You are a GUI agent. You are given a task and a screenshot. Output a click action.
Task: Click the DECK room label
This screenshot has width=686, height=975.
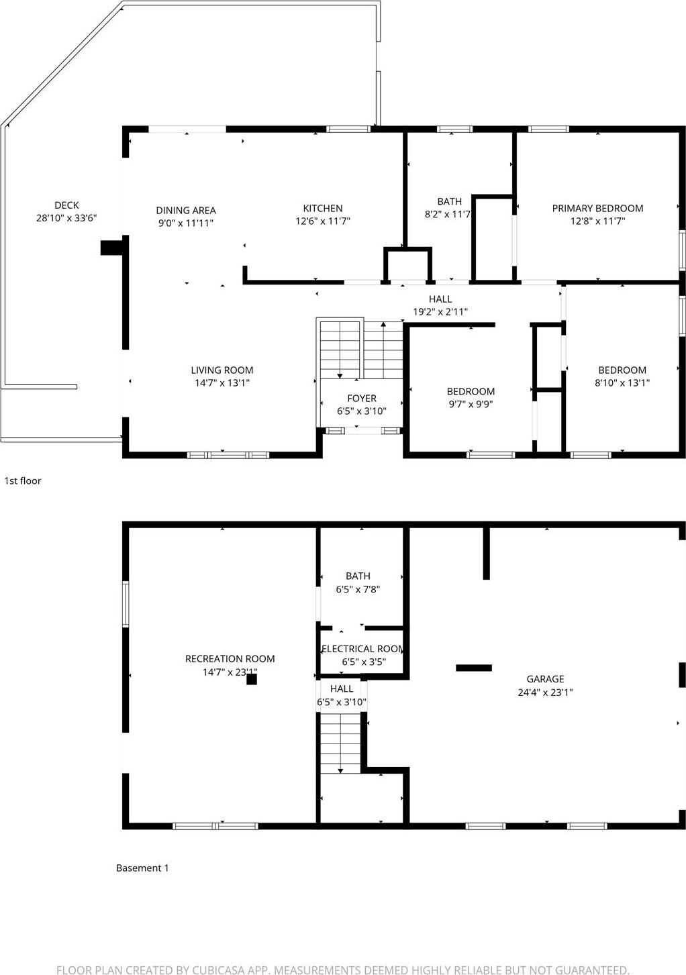click(x=66, y=205)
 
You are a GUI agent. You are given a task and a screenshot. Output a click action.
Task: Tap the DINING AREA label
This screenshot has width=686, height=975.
click(x=186, y=211)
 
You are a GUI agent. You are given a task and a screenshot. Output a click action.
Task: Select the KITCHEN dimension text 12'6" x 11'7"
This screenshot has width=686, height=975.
click(x=323, y=221)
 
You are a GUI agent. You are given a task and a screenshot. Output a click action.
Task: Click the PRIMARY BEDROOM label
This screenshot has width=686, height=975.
click(x=597, y=209)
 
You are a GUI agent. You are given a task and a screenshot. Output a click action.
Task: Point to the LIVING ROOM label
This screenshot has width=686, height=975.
click(x=222, y=370)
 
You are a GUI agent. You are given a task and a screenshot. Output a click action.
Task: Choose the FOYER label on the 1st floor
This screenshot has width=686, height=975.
click(x=362, y=399)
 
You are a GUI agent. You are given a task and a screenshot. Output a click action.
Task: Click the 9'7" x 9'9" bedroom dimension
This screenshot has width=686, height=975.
click(x=471, y=404)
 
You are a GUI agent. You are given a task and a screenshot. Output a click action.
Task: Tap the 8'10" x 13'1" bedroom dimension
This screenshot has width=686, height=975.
click(x=622, y=382)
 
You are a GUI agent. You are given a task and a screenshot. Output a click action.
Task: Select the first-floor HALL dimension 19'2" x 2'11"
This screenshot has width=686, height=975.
click(x=440, y=311)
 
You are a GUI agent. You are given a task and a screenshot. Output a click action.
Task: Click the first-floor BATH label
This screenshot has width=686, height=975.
click(x=449, y=201)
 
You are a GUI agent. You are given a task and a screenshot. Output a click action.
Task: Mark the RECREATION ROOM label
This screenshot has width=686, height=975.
click(x=230, y=659)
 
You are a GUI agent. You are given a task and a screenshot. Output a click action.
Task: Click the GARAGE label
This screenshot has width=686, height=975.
click(x=545, y=679)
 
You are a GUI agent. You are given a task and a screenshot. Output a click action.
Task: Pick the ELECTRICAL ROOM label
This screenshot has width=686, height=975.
click(x=362, y=649)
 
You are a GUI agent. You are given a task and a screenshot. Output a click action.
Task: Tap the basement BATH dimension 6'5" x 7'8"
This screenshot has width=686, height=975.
click(x=358, y=589)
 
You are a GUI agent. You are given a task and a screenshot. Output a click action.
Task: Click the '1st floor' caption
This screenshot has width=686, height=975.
click(x=23, y=480)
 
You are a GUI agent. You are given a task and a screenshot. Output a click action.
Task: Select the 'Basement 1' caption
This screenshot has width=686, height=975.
click(x=142, y=868)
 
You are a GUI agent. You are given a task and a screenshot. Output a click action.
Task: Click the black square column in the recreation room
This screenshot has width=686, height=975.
click(x=252, y=679)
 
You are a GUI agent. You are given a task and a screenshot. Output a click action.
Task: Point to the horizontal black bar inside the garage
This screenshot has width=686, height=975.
click(x=474, y=668)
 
